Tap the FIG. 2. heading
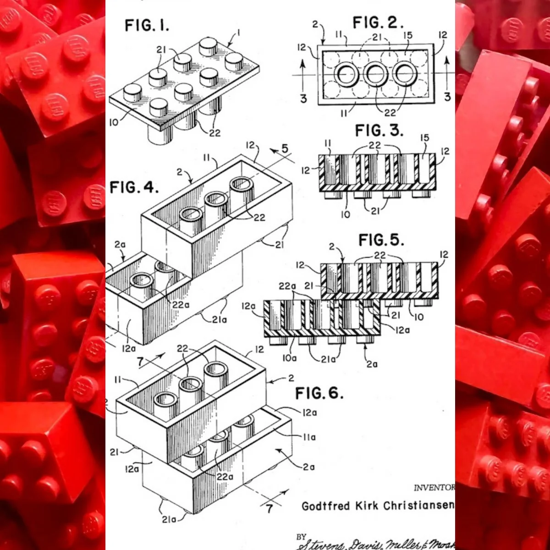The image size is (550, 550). pyautogui.click(x=378, y=22)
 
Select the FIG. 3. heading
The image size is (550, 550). pyautogui.click(x=379, y=131)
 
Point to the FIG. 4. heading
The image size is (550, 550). pyautogui.click(x=134, y=187)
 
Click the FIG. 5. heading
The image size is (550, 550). pyautogui.click(x=381, y=240)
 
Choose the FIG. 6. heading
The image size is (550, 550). pyautogui.click(x=319, y=393)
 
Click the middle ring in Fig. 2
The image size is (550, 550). pyautogui.click(x=375, y=74)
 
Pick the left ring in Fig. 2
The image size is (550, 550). pyautogui.click(x=346, y=74)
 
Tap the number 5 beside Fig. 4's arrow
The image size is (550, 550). pyautogui.click(x=285, y=149)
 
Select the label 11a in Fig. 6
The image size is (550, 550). pyautogui.click(x=310, y=438)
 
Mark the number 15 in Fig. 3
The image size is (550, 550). pyautogui.click(x=424, y=138)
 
